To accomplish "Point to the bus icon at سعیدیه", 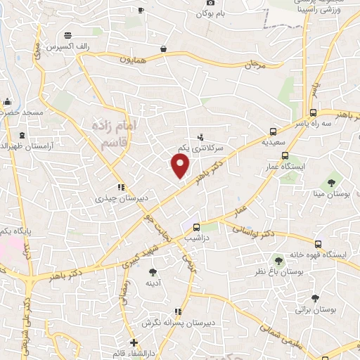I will [x=273, y=131].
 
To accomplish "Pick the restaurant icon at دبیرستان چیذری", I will [x=121, y=188].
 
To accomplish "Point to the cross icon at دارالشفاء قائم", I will [x=134, y=343].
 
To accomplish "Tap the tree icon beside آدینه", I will [x=154, y=271].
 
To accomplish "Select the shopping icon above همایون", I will [x=164, y=49].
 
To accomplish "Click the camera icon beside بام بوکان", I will [x=212, y=3].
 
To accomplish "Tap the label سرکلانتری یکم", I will [x=200, y=148].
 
